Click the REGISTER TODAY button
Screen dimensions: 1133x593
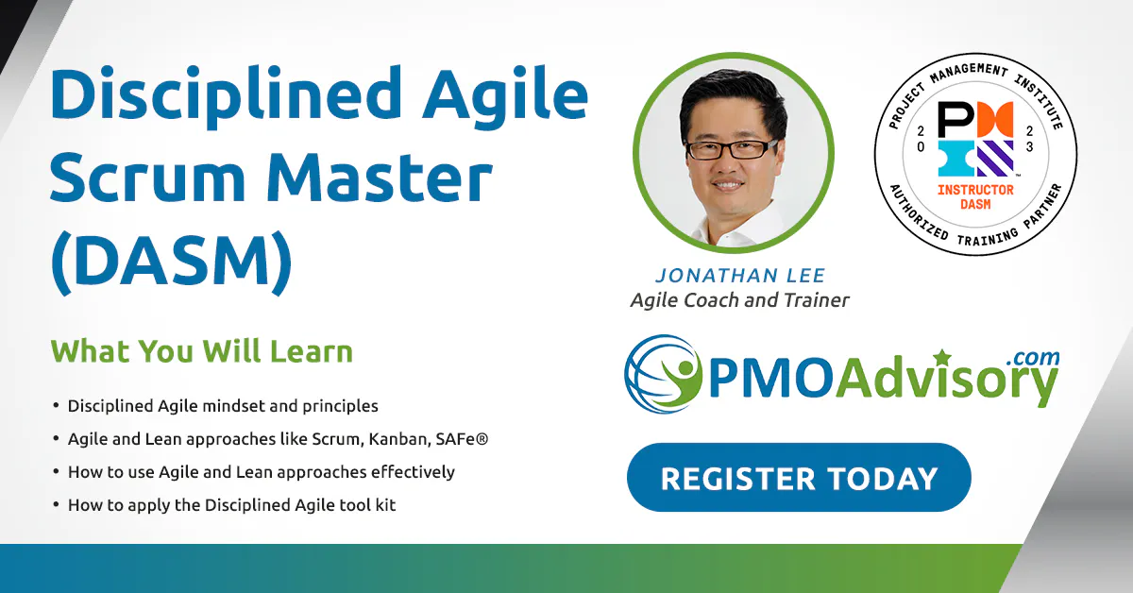coord(799,477)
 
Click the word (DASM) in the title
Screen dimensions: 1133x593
coord(172,263)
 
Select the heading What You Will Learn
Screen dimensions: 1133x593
coord(201,350)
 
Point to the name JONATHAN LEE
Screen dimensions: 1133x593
coord(740,275)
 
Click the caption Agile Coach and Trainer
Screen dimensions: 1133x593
coord(739,300)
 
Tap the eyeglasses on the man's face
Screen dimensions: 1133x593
coord(731,149)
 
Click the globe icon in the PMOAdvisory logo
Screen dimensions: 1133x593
coord(663,374)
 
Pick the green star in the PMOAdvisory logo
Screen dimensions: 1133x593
coord(942,357)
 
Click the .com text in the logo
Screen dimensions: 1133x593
coord(1033,357)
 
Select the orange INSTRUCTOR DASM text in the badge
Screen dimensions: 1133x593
coord(975,196)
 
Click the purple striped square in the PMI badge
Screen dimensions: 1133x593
coord(995,159)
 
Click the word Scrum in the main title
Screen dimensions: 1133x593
coord(147,178)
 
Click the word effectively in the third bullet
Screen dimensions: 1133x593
coord(413,471)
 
